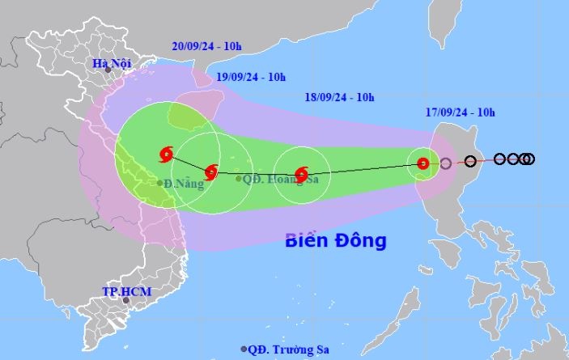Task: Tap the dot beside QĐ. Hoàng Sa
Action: point(239,178)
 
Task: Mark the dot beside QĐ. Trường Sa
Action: point(244,349)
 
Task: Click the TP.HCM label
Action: point(126,290)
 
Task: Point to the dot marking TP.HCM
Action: point(125,301)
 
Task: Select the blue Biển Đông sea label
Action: point(336,240)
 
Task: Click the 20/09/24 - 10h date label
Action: point(206,46)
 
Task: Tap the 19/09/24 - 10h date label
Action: point(251,77)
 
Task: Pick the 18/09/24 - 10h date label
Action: point(340,97)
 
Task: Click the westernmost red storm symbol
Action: point(168,153)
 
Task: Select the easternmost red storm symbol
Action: point(423,163)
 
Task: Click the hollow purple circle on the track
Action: point(445,164)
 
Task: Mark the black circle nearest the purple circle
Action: point(470,161)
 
